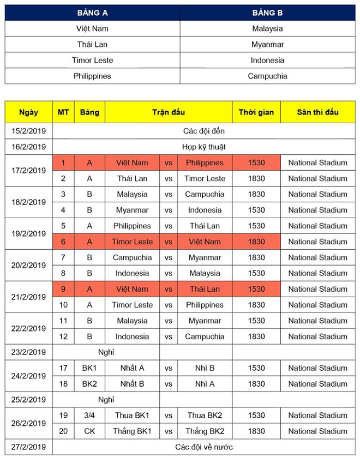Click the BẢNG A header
pyautogui.click(x=92, y=13)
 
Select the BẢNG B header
pyautogui.click(x=267, y=13)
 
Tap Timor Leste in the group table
pyautogui.click(x=92, y=60)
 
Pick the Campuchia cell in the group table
pyautogui.click(x=267, y=76)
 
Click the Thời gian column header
pyautogui.click(x=256, y=112)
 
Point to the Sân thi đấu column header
pyautogui.click(x=317, y=112)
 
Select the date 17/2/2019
pyautogui.click(x=28, y=170)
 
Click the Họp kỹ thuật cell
pyautogui.click(x=203, y=147)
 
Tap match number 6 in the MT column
pyautogui.click(x=63, y=242)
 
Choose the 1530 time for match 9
pyautogui.click(x=256, y=289)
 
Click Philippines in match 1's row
pyautogui.click(x=205, y=163)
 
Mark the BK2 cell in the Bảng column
pyautogui.click(x=89, y=384)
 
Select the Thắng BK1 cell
pyautogui.click(x=132, y=431)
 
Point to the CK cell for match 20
pyautogui.click(x=89, y=431)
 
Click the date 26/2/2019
pyautogui.click(x=28, y=423)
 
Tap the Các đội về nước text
pyautogui.click(x=203, y=447)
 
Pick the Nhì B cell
pyautogui.click(x=205, y=368)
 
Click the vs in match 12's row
pyautogui.click(x=169, y=336)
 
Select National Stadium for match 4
pyautogui.click(x=317, y=210)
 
